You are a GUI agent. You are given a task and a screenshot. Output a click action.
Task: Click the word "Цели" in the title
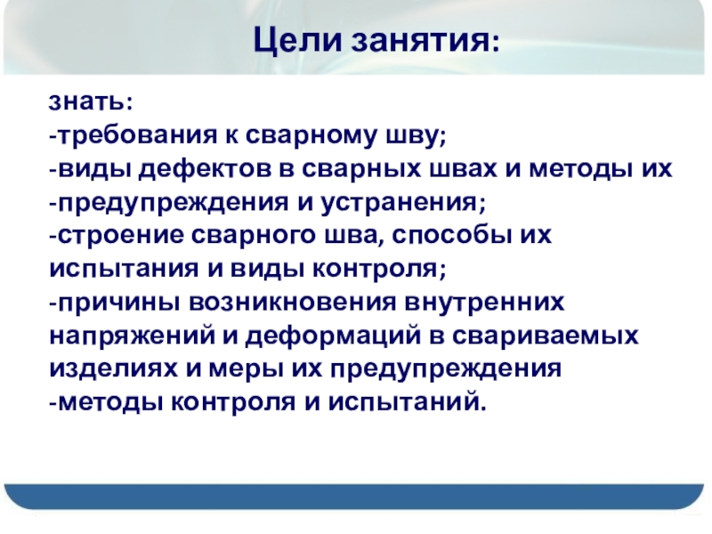[x=297, y=40]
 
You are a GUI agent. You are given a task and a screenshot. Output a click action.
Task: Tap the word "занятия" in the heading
[x=425, y=41]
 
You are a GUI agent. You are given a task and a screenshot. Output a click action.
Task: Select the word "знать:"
[x=91, y=101]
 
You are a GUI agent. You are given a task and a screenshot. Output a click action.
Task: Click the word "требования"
[x=138, y=135]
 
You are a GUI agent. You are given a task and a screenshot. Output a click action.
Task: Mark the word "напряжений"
[x=132, y=336]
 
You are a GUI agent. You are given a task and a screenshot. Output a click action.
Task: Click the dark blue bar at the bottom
[x=354, y=496]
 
